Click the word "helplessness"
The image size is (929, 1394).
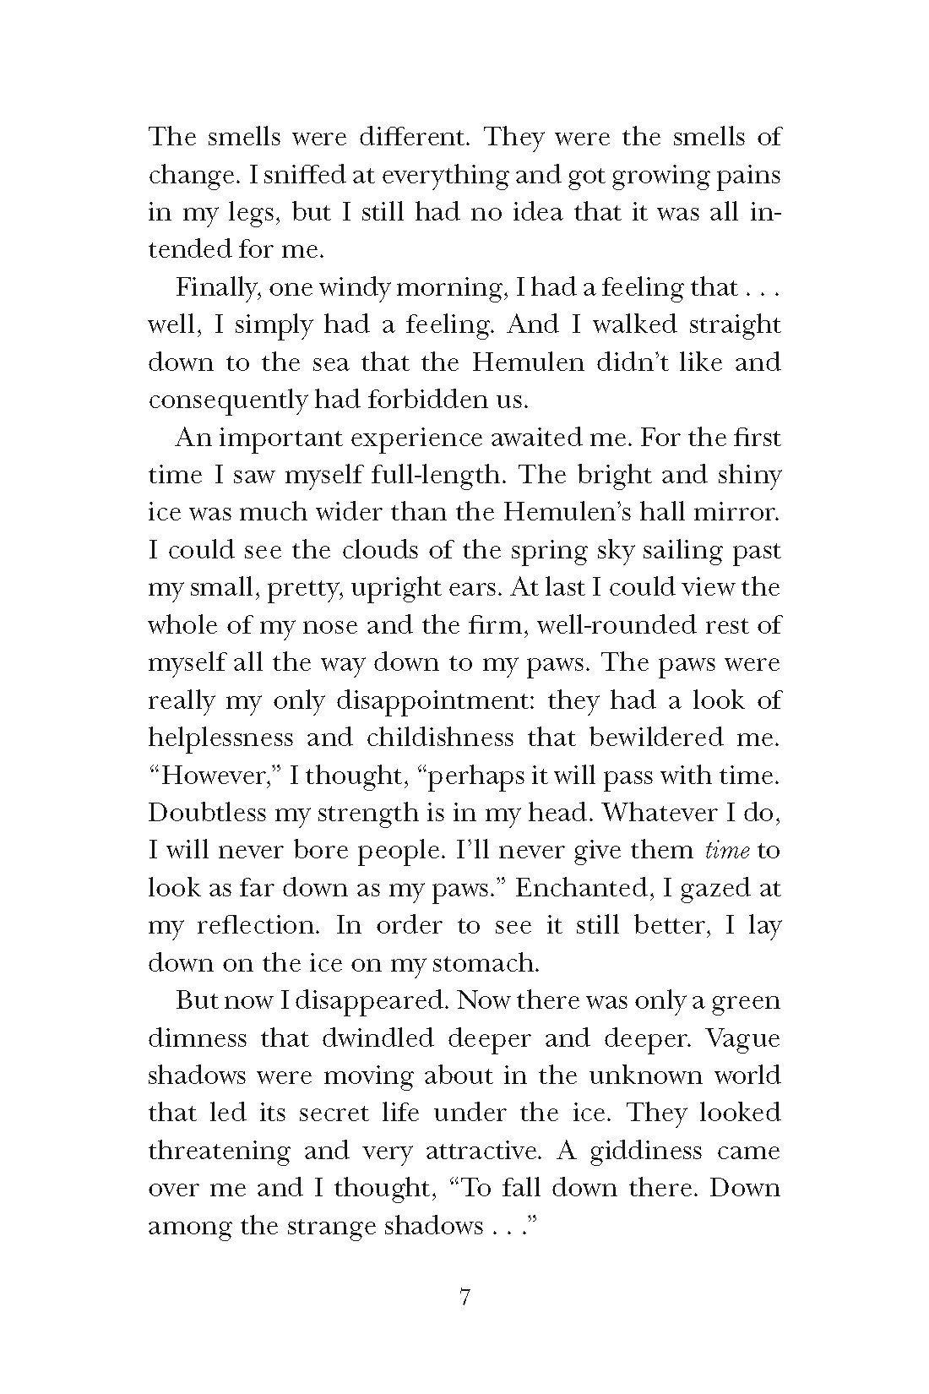click(x=220, y=738)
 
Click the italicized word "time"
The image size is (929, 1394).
click(x=727, y=851)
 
